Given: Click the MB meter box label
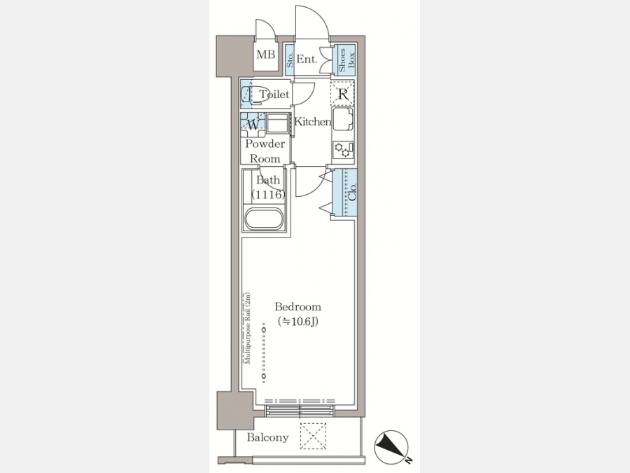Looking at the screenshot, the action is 265,54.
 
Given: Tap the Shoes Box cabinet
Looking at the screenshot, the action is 344,60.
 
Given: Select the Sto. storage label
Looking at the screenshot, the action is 289,60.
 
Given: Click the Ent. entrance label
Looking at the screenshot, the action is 307,60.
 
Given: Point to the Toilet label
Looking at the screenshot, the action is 274,95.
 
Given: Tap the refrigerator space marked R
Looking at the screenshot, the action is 343,94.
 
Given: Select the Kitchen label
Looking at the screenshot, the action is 313,121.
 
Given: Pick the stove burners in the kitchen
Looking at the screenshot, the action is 344,150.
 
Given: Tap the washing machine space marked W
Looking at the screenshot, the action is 253,125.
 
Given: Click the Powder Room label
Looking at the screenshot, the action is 265,151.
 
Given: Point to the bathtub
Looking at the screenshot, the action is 265,219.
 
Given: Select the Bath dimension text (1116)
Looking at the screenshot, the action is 268,195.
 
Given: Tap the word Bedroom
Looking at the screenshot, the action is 297,307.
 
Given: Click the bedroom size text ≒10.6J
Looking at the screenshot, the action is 297,322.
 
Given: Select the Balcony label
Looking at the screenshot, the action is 267,437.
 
